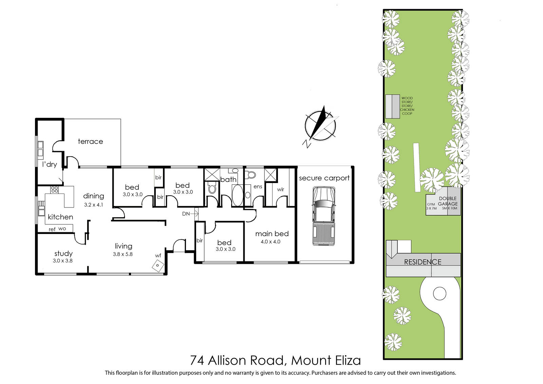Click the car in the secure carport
coord(324,216)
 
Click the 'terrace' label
coord(90,142)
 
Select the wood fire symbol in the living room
coord(158,266)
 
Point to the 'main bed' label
coord(272,234)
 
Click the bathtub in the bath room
coord(237,195)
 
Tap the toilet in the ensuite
coord(251,175)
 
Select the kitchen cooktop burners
coord(55,189)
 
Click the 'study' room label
coord(63,254)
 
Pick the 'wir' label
coord(280,189)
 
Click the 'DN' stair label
coord(186,214)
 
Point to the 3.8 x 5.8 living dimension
coord(123,254)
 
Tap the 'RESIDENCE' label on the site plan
coord(423,262)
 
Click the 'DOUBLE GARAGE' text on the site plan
coord(448,201)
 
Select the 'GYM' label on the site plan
coord(431,204)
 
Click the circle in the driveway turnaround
coord(439,294)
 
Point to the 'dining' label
coord(94,196)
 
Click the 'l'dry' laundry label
coord(50,164)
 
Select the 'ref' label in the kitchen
coord(52,229)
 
